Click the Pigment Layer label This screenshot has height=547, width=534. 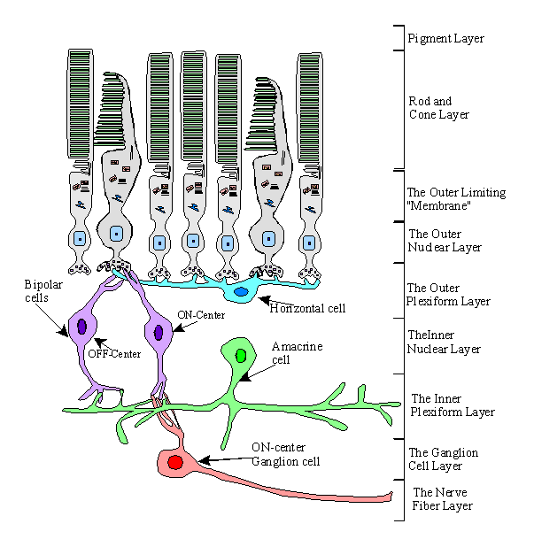coord(445,39)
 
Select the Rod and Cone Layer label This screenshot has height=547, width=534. coord(438,108)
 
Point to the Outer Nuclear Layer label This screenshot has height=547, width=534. coord(444,241)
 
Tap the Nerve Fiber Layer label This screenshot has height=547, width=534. coord(444,499)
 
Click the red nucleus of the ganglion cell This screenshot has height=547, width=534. coord(175,462)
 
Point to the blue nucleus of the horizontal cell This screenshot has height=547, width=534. coord(241,291)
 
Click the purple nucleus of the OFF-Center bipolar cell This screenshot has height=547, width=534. coord(81,327)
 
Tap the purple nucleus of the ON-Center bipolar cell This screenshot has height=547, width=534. coord(159,333)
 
